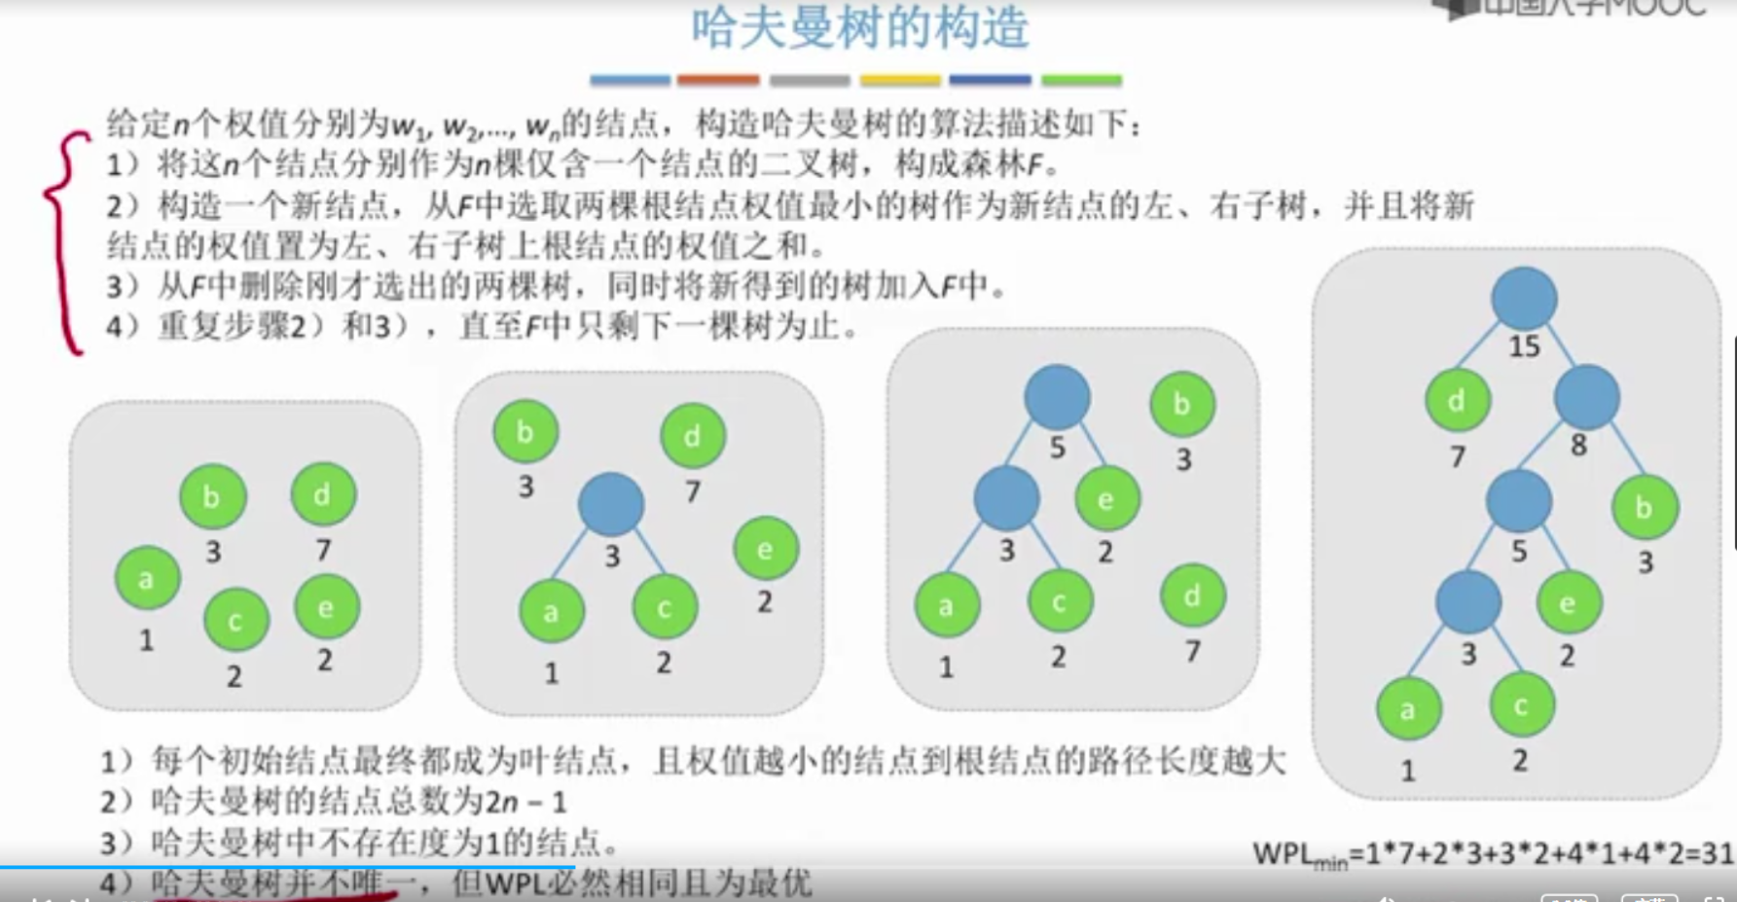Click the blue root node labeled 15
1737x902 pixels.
pos(1524,299)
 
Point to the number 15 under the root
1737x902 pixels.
pos(1524,346)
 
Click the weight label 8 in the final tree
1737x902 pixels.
pos(1578,446)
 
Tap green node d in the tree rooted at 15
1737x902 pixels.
pos(1457,401)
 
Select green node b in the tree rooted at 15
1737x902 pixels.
pos(1644,507)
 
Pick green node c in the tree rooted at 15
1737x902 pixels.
pos(1521,704)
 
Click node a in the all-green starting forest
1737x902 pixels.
pos(147,579)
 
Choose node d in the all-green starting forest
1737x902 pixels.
pos(323,494)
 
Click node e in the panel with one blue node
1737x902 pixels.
pos(766,549)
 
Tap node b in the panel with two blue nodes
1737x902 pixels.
pos(1181,404)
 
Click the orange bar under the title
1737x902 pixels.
pos(718,80)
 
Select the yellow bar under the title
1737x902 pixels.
pos(900,80)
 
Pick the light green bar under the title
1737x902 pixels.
pos(1081,80)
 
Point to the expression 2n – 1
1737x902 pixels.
pos(525,802)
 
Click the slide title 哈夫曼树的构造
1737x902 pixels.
pos(860,27)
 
